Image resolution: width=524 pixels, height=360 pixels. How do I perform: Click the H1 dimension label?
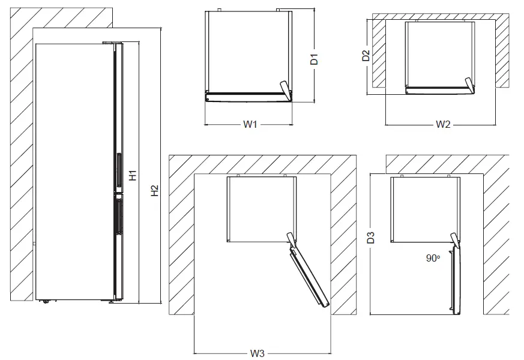133,176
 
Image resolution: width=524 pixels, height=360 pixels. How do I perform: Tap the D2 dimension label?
366,56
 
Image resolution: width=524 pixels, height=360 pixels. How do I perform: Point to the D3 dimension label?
371,237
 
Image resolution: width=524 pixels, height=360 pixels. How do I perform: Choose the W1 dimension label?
250,125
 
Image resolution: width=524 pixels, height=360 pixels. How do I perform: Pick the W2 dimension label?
443,125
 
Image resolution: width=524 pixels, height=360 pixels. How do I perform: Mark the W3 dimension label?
257,353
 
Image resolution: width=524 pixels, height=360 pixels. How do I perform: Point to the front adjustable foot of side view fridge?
111,301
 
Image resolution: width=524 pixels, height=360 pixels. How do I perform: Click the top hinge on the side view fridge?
112,43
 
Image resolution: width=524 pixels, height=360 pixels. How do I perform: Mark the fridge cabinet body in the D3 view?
423,208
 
